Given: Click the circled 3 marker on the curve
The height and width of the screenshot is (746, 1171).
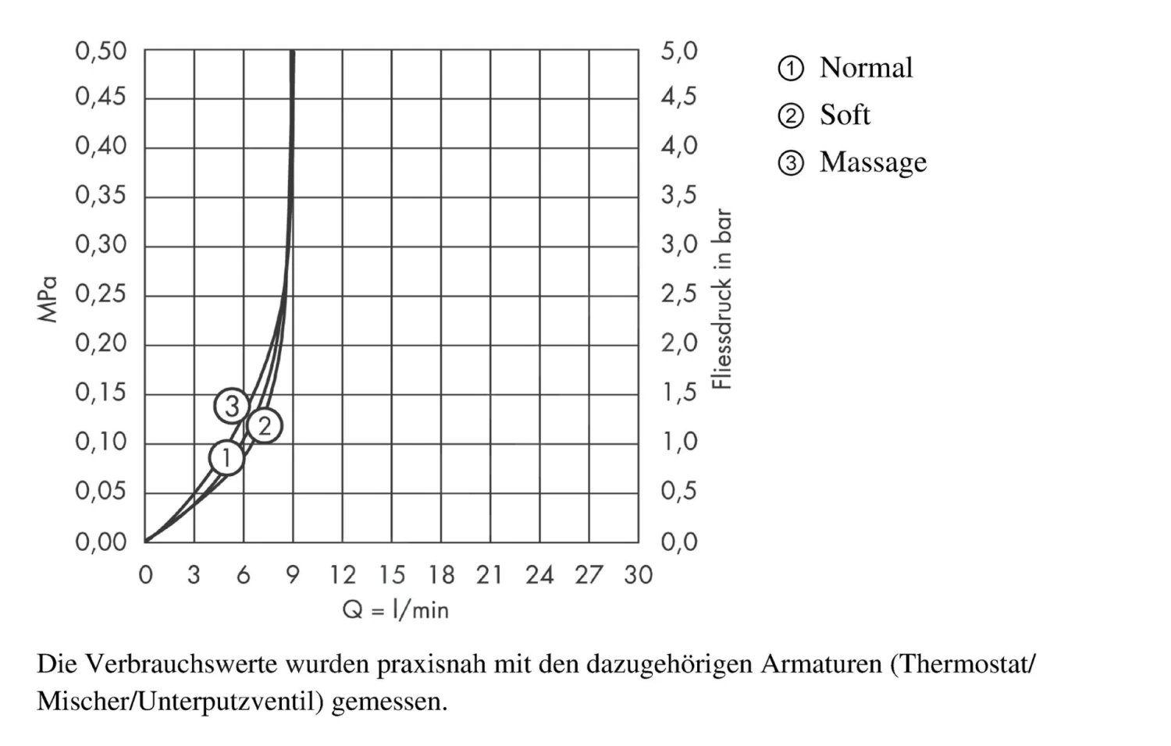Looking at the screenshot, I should (232, 406).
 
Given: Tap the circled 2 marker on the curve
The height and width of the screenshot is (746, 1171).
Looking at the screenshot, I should (264, 426).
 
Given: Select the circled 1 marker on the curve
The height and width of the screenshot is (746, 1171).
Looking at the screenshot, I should (226, 457).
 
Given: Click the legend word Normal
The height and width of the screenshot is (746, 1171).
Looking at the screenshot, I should (866, 68).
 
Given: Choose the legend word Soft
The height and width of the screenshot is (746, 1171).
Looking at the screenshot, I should (845, 115).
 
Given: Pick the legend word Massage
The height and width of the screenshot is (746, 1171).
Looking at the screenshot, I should (873, 162).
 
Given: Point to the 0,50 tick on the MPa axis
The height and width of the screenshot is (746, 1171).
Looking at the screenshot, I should (101, 52).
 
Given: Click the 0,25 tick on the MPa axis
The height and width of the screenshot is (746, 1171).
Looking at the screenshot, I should (101, 294).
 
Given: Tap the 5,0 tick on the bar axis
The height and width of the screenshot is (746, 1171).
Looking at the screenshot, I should (678, 52).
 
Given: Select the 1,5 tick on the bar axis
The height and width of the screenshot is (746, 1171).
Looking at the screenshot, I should (678, 393).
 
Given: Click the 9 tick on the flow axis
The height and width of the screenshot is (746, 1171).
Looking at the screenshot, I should (293, 575).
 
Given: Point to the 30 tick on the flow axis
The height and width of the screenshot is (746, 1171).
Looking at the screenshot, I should (638, 575).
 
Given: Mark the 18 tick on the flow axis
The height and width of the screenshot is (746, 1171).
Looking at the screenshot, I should (441, 575).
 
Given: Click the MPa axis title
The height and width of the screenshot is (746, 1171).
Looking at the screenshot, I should (48, 299).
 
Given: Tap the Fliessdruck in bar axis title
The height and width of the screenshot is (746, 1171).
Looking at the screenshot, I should (723, 299).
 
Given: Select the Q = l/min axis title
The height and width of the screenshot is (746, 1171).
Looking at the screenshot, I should (396, 609).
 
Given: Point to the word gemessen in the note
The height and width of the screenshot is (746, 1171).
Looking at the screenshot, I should (389, 702).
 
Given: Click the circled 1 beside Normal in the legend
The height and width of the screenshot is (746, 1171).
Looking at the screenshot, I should (791, 69).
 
